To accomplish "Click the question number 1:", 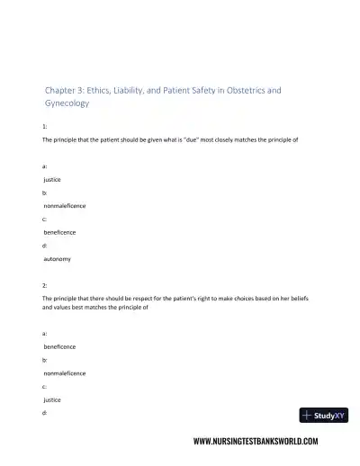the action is click(45, 129).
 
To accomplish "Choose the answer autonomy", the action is click(58, 258).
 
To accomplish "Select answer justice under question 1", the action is click(53, 179).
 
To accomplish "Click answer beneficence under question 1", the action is click(60, 232).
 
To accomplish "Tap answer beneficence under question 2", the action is click(60, 345).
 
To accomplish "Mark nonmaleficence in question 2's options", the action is click(66, 372).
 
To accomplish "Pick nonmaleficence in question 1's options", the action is click(66, 205).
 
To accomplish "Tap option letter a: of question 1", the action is click(45, 166).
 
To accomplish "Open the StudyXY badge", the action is click(321, 416).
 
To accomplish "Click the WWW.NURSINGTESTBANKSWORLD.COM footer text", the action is click(256, 443).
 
